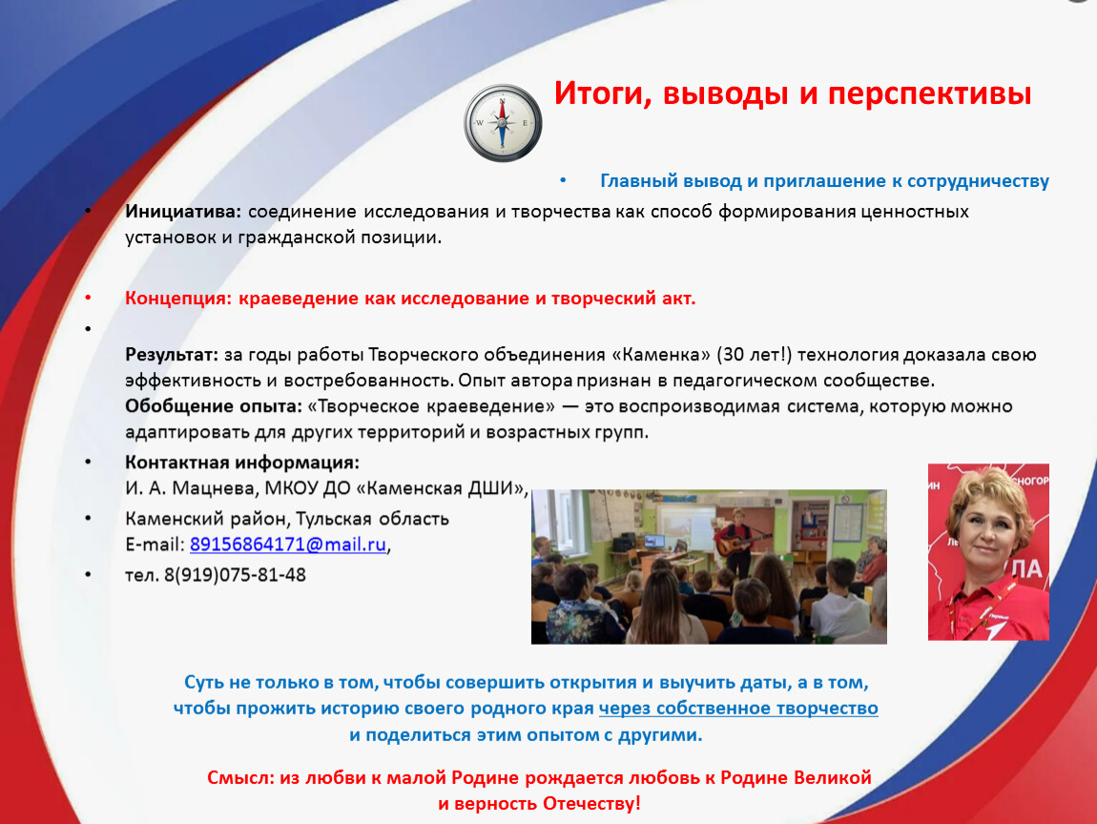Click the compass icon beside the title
503,123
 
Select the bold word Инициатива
182,212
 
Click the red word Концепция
177,299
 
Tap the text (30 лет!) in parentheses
755,355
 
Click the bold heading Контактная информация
242,463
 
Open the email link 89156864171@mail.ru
287,545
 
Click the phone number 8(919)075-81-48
235,575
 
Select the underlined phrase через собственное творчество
738,708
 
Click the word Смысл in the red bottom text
240,778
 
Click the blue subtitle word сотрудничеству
978,181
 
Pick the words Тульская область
372,519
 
